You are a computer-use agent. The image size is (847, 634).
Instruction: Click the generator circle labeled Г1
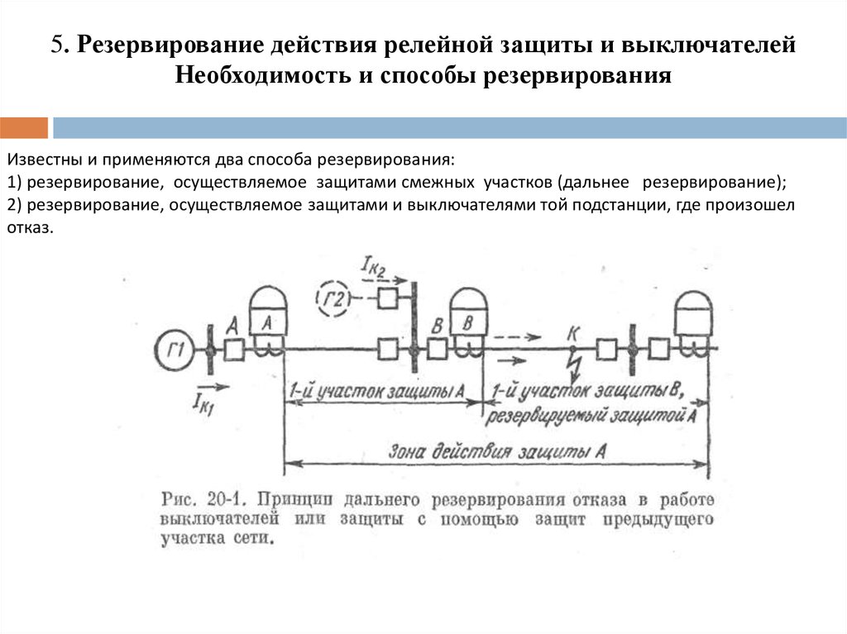click(175, 350)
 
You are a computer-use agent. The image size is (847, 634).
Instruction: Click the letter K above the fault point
click(572, 334)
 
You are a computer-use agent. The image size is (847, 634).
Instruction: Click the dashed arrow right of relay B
click(519, 337)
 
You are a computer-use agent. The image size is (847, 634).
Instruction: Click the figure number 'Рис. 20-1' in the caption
click(202, 500)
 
